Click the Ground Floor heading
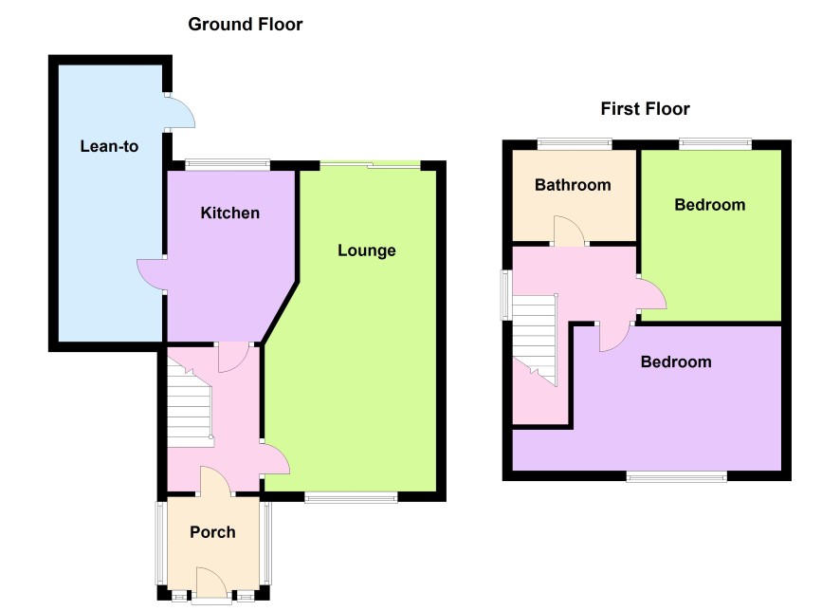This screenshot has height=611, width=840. (246, 24)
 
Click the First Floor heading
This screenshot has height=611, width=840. (645, 109)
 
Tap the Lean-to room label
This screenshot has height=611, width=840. (109, 146)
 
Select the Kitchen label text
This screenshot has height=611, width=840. (229, 213)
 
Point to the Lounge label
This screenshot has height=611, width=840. (366, 250)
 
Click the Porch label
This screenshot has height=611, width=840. (212, 531)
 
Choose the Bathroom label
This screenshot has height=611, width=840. (573, 185)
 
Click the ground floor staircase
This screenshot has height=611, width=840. (191, 401)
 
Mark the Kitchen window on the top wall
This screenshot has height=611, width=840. (228, 164)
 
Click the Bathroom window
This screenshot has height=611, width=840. (575, 144)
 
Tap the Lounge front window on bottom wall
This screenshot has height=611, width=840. (352, 497)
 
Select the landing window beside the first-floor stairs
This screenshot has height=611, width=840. (505, 295)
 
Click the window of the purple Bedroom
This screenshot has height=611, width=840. (677, 476)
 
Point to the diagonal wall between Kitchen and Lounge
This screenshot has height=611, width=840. (280, 311)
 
